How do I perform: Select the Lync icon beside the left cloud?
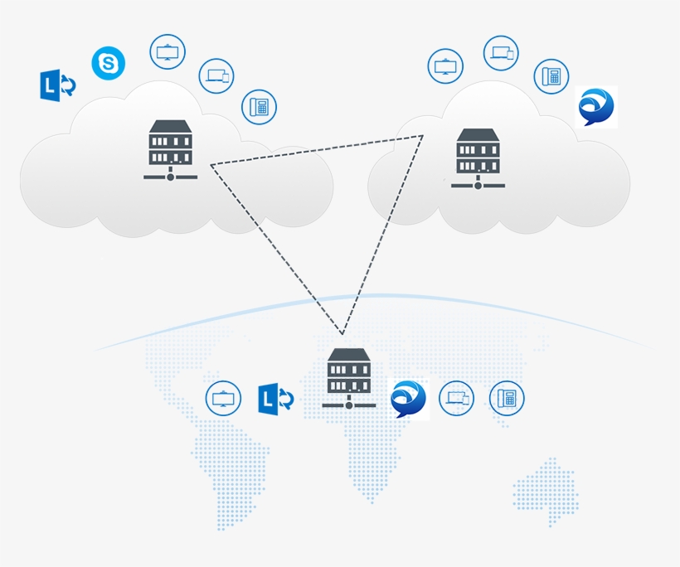[x=58, y=85]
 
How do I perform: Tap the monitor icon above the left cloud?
[x=168, y=51]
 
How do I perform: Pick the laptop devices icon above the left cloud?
[x=216, y=76]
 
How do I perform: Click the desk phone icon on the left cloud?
[x=259, y=107]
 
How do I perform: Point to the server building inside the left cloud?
[x=170, y=149]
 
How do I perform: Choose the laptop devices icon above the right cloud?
[x=501, y=53]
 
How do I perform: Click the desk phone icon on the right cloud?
[x=551, y=76]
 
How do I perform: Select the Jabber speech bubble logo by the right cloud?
[x=596, y=107]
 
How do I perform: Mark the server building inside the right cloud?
[x=478, y=157]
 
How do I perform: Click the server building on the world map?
[x=348, y=378]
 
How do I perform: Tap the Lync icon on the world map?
[x=275, y=399]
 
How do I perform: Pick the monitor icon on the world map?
[x=223, y=399]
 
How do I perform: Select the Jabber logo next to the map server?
[x=408, y=399]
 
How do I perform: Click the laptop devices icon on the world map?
[x=456, y=399]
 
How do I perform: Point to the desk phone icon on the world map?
[x=507, y=399]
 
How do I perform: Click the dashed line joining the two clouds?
[x=315, y=151]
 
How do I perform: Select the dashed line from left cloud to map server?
[x=275, y=249]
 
